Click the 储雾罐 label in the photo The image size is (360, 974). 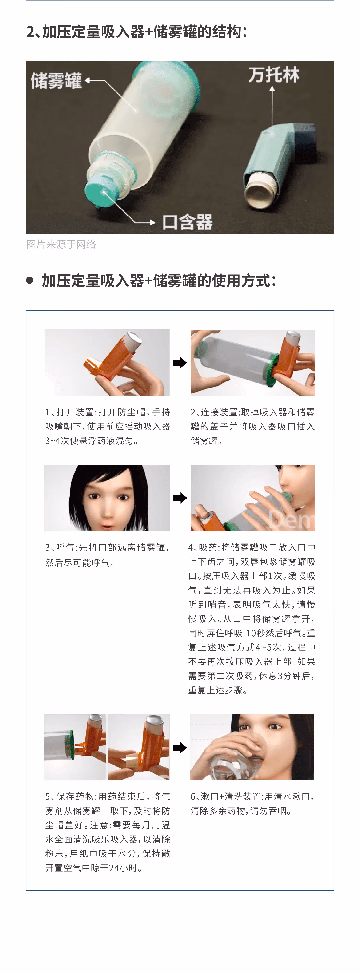pos(56,81)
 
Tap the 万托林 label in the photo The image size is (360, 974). pos(274,75)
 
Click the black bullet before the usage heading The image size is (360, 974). pos(30,280)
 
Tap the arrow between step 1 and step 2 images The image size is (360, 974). pos(180,363)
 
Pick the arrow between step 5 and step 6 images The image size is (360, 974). pos(180,747)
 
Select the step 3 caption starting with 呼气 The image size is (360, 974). pos(107,555)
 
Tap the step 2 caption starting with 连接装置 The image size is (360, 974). pos(253,426)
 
